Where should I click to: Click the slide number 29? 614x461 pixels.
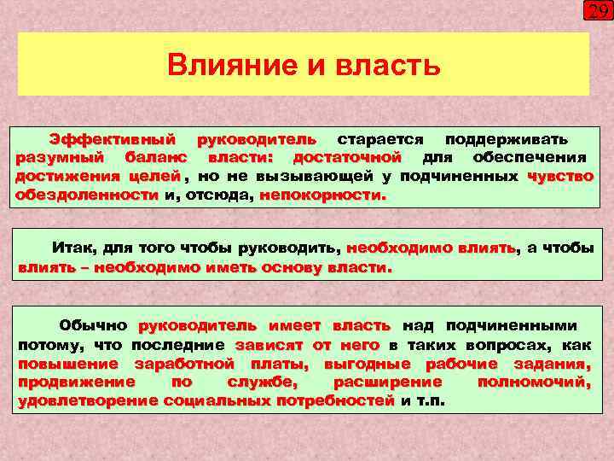coord(597,12)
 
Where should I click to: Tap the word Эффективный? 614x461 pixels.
coord(113,138)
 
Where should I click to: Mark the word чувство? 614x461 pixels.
coord(560,176)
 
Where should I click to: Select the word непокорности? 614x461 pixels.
coord(322,195)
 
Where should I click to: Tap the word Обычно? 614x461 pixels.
coord(93,325)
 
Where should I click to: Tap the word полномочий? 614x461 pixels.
coord(534,382)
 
